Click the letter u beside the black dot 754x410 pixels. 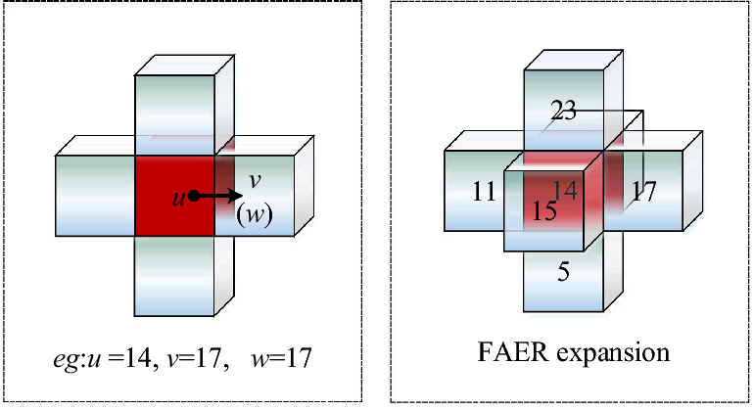179,197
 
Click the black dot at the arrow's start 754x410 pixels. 195,196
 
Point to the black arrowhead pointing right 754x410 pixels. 236,196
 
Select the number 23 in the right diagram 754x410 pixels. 562,113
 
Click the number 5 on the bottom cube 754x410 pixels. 562,272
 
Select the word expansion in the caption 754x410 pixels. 614,353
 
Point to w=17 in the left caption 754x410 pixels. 283,358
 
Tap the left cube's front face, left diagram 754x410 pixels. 95,196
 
